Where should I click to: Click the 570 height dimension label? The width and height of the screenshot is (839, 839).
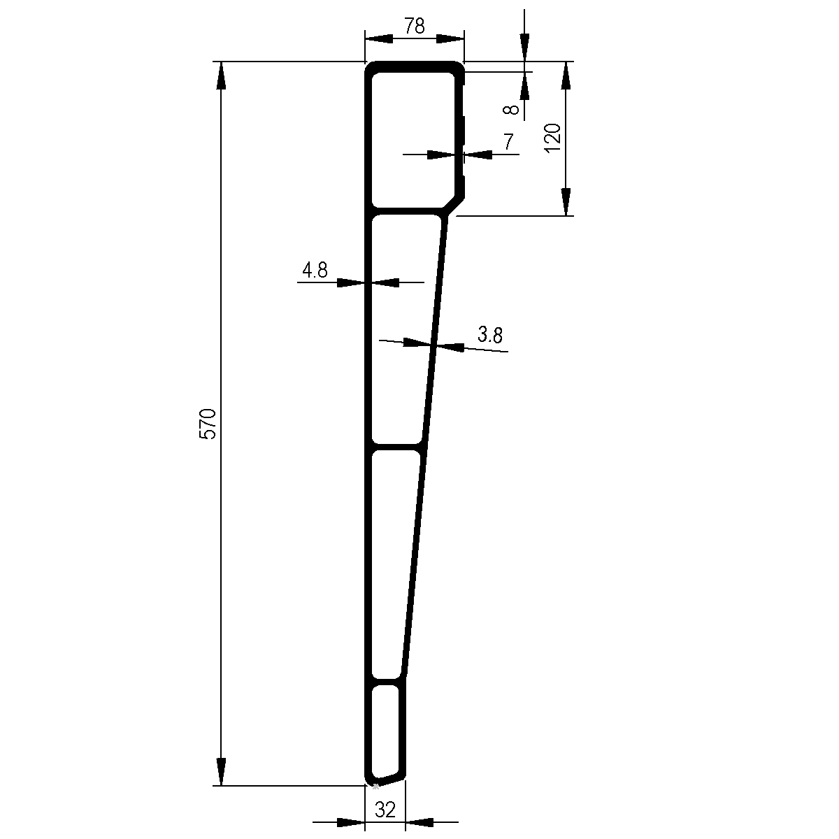(x=208, y=424)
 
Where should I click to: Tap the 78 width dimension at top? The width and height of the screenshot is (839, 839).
(x=414, y=27)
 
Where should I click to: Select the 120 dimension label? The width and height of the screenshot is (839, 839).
(x=553, y=138)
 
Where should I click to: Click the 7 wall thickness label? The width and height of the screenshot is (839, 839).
(x=508, y=141)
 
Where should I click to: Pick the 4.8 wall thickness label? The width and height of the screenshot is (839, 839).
(x=315, y=270)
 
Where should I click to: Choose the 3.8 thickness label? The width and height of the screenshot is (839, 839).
(x=490, y=335)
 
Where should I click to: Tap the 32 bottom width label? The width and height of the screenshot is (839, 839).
(x=385, y=810)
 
